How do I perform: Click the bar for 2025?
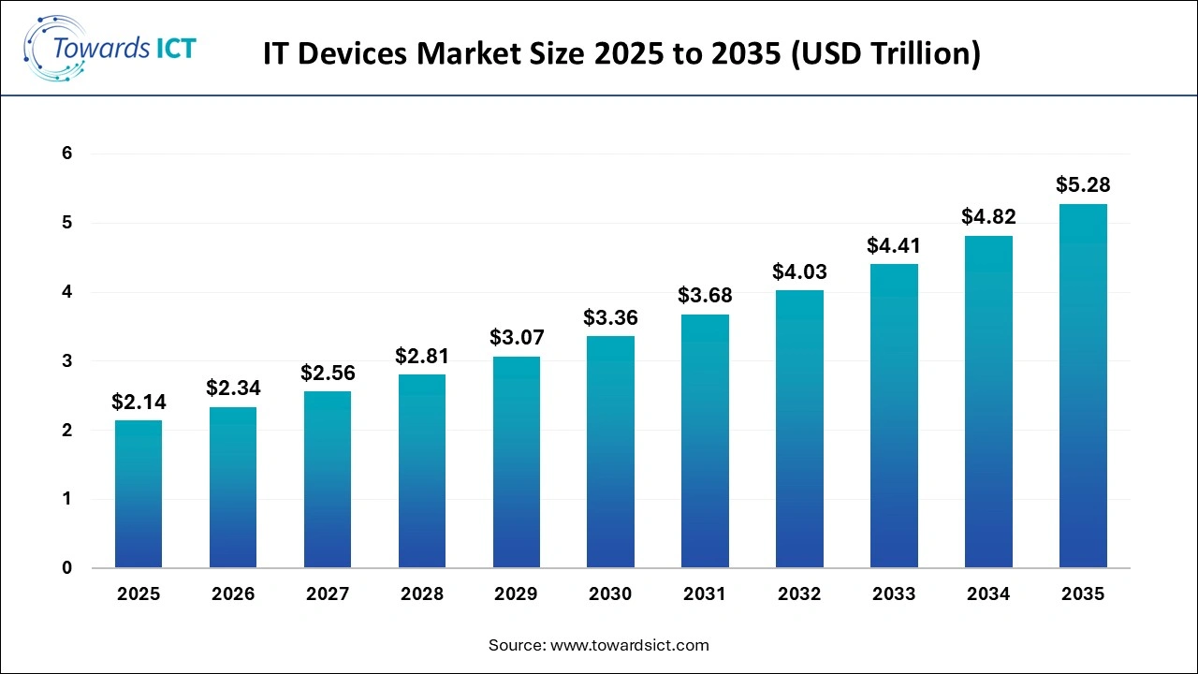coord(139,494)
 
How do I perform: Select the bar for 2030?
coord(610,452)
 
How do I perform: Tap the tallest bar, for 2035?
coord(1083,386)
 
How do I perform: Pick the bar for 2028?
coord(422,471)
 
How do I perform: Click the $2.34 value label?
coord(233,388)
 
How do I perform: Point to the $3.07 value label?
coord(517,337)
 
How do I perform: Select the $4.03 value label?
coord(799,271)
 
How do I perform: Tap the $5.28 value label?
coord(1083,184)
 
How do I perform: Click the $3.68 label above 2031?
coord(705,296)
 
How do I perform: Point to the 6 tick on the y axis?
coord(67,154)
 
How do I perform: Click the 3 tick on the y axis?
coord(67,361)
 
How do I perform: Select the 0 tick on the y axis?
coord(67,568)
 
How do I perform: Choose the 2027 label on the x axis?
coord(328,594)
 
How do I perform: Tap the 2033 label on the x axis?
coord(894,594)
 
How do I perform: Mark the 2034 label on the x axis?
coord(988,594)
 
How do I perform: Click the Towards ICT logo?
coord(110,49)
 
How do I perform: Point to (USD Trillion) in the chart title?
coord(885,54)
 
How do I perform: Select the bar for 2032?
coord(799,429)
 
